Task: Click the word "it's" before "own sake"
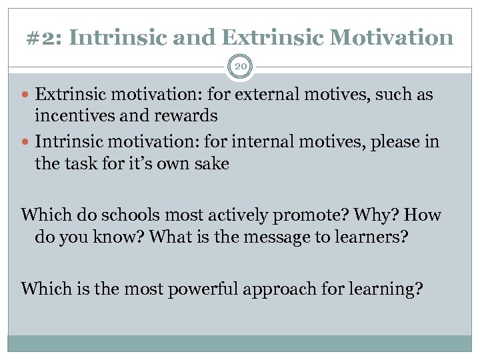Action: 141,163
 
